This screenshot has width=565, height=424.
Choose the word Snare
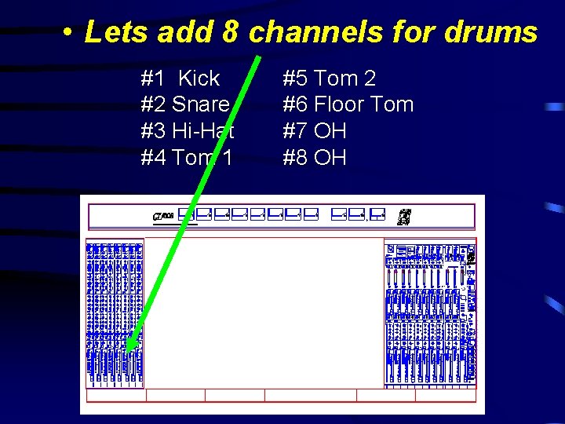[201, 104]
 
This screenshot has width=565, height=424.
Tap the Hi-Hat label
[202, 131]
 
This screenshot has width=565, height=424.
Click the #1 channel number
[152, 79]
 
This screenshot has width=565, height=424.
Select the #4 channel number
[153, 158]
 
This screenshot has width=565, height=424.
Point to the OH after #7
[330, 131]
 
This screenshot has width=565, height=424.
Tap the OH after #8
[330, 158]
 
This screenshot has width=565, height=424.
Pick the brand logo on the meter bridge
[163, 215]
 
